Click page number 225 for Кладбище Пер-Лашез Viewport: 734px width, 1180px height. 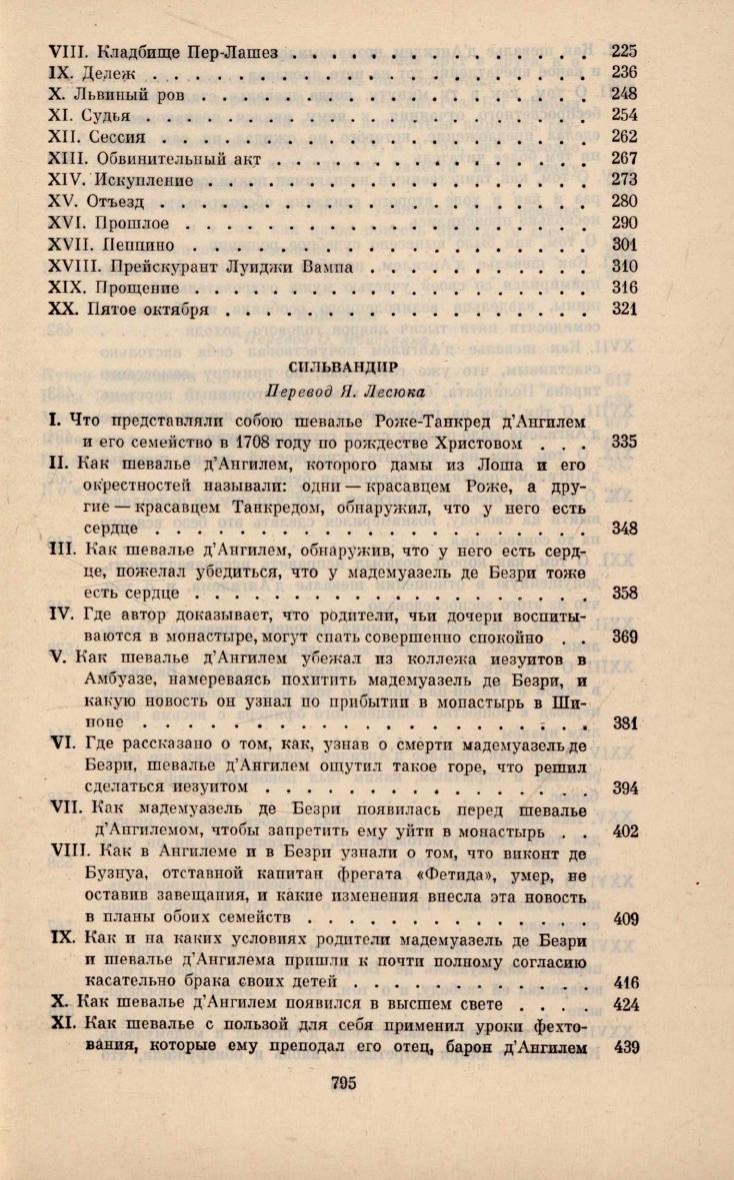(x=624, y=50)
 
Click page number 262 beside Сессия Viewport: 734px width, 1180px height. (x=624, y=137)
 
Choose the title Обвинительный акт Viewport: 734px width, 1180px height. (x=185, y=159)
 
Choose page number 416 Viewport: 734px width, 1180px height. (x=624, y=982)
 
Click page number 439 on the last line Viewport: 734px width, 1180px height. (x=624, y=1046)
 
